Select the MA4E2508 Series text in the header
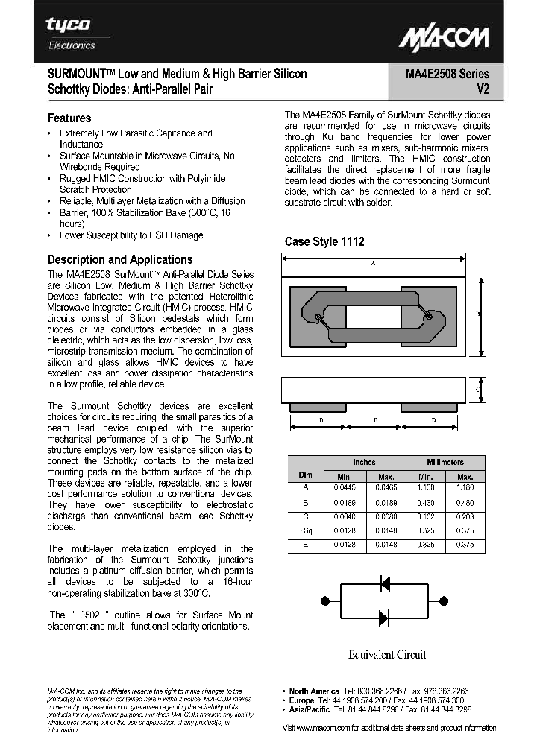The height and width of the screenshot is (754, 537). [x=447, y=74]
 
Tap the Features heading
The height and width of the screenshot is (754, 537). [x=69, y=118]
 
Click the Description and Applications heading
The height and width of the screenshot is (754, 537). [x=120, y=259]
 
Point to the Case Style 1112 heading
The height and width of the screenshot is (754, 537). [x=324, y=241]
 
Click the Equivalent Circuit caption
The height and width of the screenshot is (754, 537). [x=386, y=654]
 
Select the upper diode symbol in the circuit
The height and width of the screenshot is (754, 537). [x=385, y=583]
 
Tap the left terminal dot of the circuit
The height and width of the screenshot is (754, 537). [x=324, y=601]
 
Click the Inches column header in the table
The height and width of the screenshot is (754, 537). [x=364, y=462]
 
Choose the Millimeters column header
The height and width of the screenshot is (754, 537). [x=445, y=462]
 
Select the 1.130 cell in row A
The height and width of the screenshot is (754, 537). [x=425, y=487]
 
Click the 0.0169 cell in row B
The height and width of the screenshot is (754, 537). [x=344, y=503]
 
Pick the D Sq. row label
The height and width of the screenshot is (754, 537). [x=306, y=530]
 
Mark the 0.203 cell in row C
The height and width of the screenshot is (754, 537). [x=465, y=516]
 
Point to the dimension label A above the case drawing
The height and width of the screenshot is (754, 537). [x=373, y=264]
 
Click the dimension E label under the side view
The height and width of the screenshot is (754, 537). [x=376, y=421]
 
